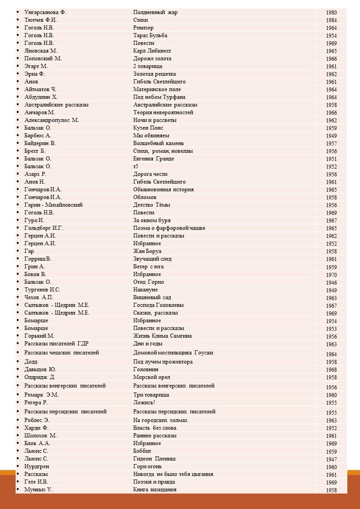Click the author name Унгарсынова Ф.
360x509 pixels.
(45, 12)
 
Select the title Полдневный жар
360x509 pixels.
(155, 12)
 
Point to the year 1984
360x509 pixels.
(331, 20)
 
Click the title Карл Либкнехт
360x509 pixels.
(152, 51)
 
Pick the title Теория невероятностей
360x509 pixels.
(163, 112)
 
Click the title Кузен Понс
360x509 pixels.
(148, 128)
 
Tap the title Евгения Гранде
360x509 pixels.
(153, 159)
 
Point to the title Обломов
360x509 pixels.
(145, 197)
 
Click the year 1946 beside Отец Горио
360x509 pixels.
(331, 283)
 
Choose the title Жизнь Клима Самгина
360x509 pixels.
(162, 336)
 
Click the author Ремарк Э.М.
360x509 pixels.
(41, 395)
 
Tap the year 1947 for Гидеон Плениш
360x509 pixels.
(331, 460)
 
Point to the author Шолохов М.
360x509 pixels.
(40, 436)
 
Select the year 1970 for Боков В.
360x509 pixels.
(331, 275)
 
